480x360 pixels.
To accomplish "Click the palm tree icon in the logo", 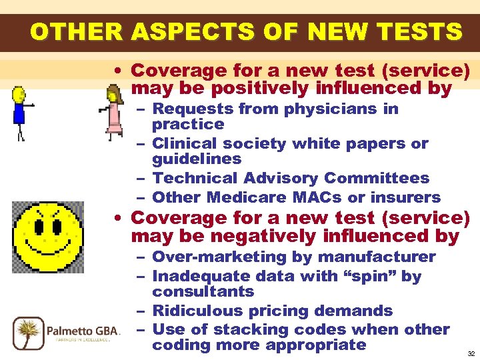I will click(29, 333).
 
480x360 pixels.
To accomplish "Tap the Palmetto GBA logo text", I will click(83, 330).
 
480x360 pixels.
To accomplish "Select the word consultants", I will click(203, 292).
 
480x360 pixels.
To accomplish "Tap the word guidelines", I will click(197, 159).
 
